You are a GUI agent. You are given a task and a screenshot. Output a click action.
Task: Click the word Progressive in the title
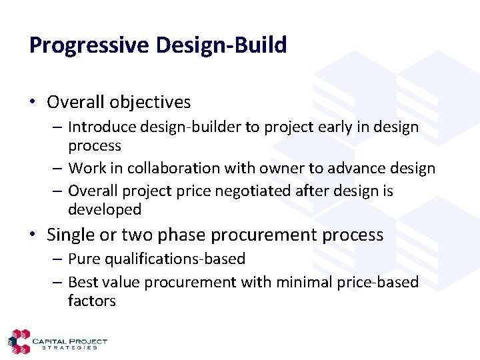(x=88, y=45)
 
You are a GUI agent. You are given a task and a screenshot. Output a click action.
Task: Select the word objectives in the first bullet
(x=150, y=102)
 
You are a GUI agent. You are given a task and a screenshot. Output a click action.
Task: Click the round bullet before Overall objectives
(x=33, y=102)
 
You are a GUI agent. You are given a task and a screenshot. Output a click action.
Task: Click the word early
(x=311, y=127)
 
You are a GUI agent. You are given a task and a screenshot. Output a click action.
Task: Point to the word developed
(x=104, y=209)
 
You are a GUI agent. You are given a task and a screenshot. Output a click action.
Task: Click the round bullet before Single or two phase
(x=33, y=235)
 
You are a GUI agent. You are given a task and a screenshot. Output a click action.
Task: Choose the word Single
(x=69, y=235)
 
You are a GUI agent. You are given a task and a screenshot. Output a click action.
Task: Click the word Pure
(x=83, y=259)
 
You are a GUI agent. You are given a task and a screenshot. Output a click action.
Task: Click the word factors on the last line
(x=91, y=301)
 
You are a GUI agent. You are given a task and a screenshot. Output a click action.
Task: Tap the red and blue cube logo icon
(x=19, y=341)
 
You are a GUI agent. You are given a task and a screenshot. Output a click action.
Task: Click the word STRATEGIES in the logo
(x=69, y=347)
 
